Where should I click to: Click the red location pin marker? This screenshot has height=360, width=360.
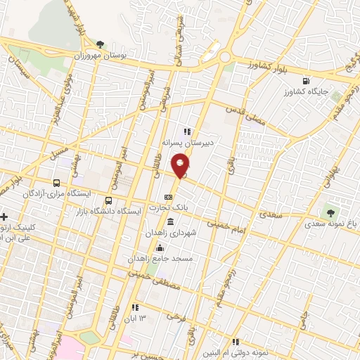(x=181, y=165)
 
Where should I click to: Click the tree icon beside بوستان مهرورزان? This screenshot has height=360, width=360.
(x=101, y=44)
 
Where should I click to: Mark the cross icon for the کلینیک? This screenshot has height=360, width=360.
(x=5, y=217)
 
